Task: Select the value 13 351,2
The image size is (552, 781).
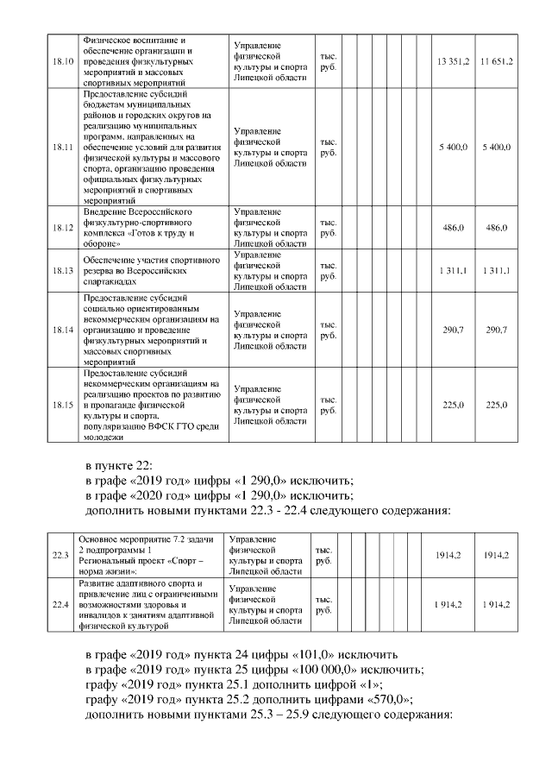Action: coord(453,61)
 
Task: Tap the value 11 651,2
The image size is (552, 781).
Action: coord(497,61)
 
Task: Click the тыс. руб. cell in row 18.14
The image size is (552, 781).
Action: coord(328,331)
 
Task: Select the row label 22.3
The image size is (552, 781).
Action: coord(60,555)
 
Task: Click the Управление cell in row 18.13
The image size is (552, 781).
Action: coord(270,271)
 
